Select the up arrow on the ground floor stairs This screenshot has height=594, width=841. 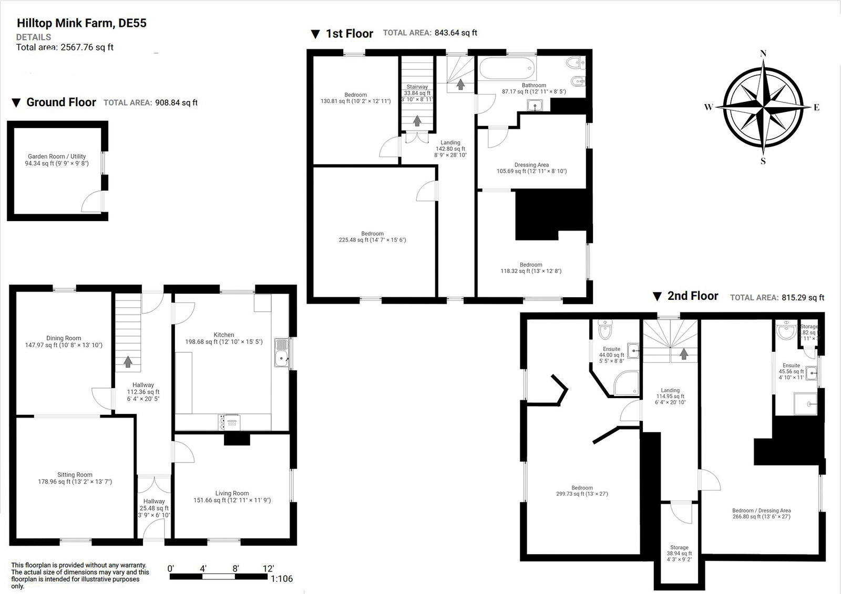point(128,362)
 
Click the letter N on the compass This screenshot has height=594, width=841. point(763,53)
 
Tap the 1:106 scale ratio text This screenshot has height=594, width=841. point(281,579)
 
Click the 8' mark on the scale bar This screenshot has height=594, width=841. point(235,568)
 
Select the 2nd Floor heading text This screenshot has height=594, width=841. point(692,296)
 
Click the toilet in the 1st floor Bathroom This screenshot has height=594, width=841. point(576,64)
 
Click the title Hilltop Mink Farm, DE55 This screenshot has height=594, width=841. point(81,23)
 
